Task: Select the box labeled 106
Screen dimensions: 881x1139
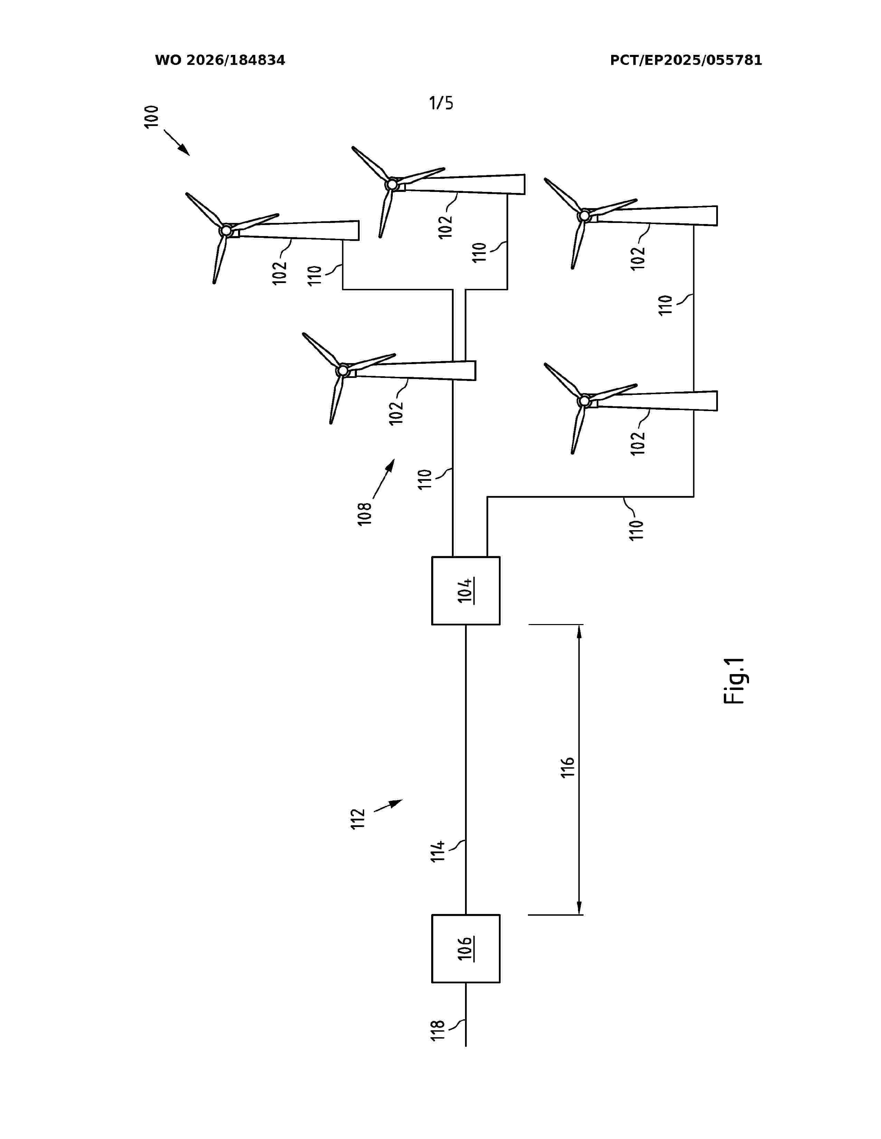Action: coord(466,948)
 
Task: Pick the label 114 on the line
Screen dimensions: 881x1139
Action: coord(438,850)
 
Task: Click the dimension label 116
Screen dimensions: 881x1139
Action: coord(567,767)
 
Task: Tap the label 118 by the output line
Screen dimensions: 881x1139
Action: coord(437,1031)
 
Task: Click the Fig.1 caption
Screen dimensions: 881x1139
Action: coord(735,681)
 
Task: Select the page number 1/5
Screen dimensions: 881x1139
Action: coord(441,103)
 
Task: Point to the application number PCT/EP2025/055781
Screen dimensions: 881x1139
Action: coord(686,60)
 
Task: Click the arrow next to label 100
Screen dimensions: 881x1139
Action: coord(177,142)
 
